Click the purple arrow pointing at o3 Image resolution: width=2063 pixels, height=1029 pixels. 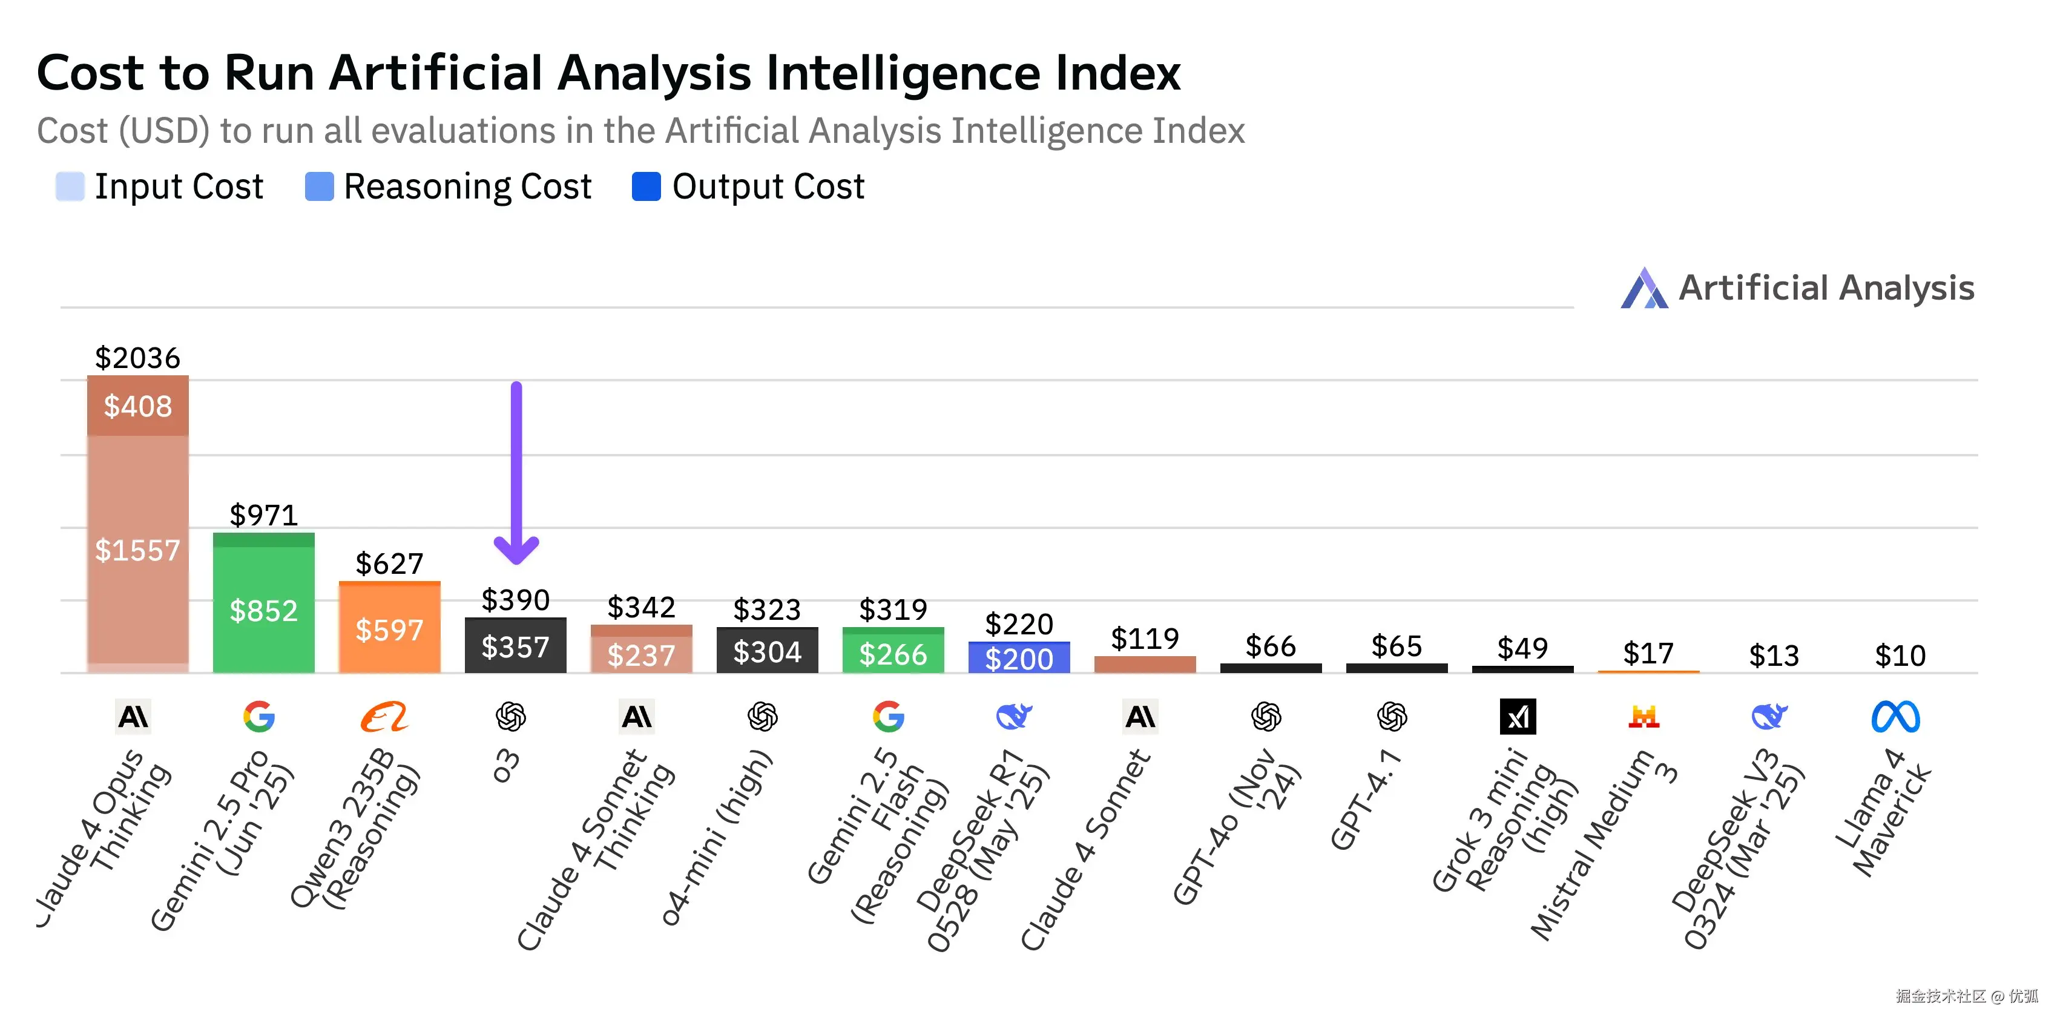pos(516,473)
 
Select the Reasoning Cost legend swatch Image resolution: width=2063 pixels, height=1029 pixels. pos(319,186)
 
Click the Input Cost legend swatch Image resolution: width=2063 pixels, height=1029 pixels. pos(70,186)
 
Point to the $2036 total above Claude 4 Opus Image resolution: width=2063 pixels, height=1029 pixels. pos(138,358)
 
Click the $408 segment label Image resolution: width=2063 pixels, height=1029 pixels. pos(138,407)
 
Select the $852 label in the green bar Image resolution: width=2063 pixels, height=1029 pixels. pos(263,611)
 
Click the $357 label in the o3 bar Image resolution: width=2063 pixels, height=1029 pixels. pos(515,647)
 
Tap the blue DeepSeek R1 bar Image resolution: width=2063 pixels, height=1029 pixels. pos(1019,657)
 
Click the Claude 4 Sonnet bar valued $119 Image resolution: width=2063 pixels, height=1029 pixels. pos(1145,664)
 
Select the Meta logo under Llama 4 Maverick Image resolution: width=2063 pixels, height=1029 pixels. pos(1895,717)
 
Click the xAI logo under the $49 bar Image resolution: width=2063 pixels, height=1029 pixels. pos(1518,717)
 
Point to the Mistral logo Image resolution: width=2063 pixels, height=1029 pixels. pos(1643,717)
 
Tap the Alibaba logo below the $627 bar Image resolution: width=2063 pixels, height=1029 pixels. pos(384,717)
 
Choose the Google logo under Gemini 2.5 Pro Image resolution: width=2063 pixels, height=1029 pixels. pos(258,717)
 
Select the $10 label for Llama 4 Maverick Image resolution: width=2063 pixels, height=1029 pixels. pos(1900,656)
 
